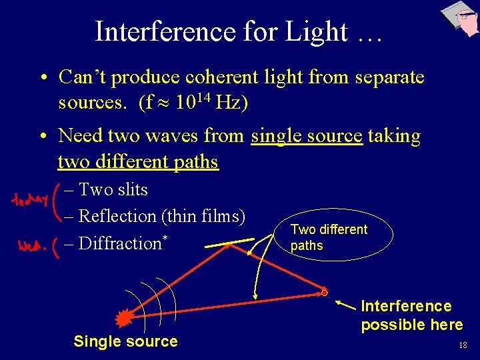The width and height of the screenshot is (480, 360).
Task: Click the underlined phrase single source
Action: [x=307, y=136]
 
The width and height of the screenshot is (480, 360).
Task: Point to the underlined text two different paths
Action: [x=138, y=162]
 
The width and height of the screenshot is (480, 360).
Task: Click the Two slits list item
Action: [x=113, y=189]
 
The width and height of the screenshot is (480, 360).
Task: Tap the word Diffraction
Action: [x=120, y=243]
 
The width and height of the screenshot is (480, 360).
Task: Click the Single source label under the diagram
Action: [x=125, y=341]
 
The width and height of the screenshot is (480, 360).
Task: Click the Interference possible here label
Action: [x=411, y=315]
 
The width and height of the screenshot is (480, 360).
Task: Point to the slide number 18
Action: [x=462, y=345]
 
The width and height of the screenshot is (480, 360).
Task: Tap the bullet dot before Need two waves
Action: [x=42, y=136]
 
